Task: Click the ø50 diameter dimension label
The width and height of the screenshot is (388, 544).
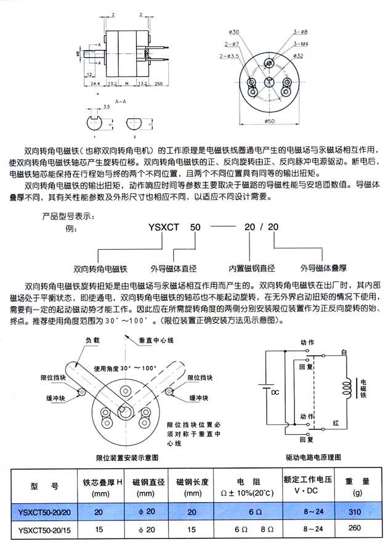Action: coord(269,120)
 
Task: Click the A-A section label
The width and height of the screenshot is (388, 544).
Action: coord(121,98)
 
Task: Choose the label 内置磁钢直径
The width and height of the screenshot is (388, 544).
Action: coord(252,268)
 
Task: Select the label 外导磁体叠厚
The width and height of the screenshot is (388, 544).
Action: coord(323,268)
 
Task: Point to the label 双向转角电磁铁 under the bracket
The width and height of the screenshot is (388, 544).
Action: coord(100,269)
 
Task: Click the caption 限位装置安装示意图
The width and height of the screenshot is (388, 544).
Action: coord(127,457)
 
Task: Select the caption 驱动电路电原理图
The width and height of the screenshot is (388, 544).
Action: coord(314,457)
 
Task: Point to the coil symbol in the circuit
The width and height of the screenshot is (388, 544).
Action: coord(349,387)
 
